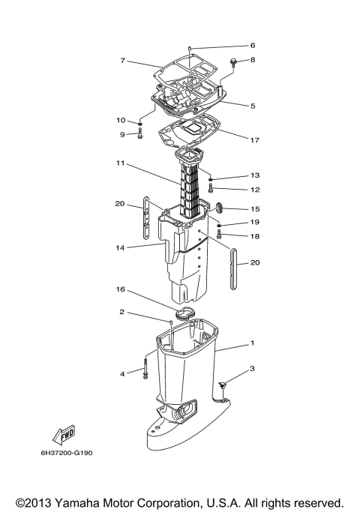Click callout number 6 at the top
click(x=253, y=45)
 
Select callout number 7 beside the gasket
click(x=122, y=61)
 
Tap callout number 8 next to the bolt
click(x=253, y=59)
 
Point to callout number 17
click(x=255, y=139)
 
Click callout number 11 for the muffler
click(x=120, y=163)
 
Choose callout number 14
click(x=120, y=247)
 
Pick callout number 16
click(x=120, y=288)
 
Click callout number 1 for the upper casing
click(x=253, y=343)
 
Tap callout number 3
click(x=253, y=368)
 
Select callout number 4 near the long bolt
click(x=122, y=373)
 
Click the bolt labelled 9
click(x=140, y=136)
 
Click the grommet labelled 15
click(x=220, y=208)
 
